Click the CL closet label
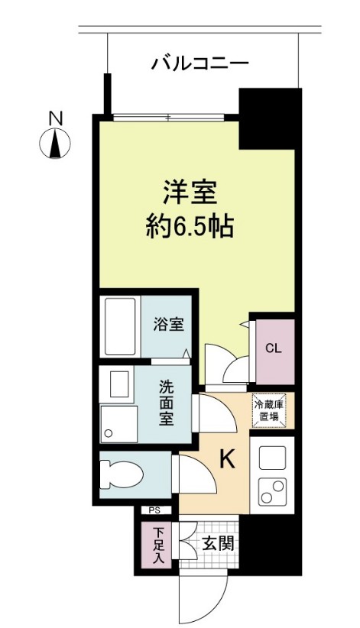click(x=273, y=348)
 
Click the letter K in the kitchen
click(x=227, y=458)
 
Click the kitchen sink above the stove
click(x=271, y=458)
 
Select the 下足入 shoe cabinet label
click(x=157, y=545)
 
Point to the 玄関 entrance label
click(x=217, y=543)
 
